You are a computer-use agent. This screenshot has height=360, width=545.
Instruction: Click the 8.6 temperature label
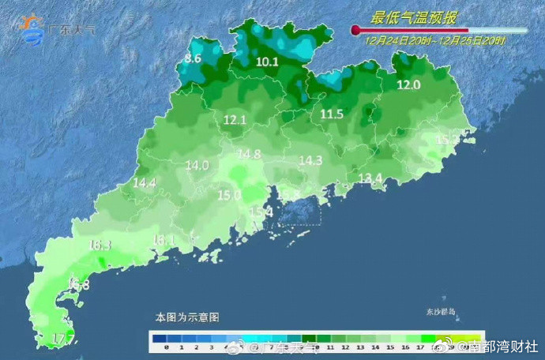pyautogui.click(x=193, y=59)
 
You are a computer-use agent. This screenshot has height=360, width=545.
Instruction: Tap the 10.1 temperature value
pyautogui.click(x=268, y=61)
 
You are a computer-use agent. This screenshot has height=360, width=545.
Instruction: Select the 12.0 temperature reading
pyautogui.click(x=408, y=85)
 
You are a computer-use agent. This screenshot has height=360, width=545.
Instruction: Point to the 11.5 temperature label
pyautogui.click(x=332, y=114)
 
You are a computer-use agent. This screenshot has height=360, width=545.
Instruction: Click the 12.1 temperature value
pyautogui.click(x=235, y=121)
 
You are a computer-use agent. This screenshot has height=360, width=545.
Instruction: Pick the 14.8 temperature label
pyautogui.click(x=249, y=154)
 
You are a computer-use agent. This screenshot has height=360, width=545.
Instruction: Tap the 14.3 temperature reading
pyautogui.click(x=310, y=160)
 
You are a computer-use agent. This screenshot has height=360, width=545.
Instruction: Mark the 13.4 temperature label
pyautogui.click(x=370, y=178)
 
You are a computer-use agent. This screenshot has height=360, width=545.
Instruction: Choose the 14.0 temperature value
pyautogui.click(x=197, y=166)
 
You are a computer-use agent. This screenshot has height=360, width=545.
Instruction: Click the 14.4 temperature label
pyautogui.click(x=144, y=183)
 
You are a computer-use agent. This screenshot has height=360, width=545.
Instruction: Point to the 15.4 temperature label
pyautogui.click(x=261, y=212)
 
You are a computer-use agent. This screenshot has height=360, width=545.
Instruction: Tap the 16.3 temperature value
pyautogui.click(x=100, y=246)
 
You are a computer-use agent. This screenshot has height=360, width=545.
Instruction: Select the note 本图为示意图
pyautogui.click(x=186, y=317)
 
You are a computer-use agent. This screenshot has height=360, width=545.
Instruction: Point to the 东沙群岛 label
pyautogui.click(x=442, y=312)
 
